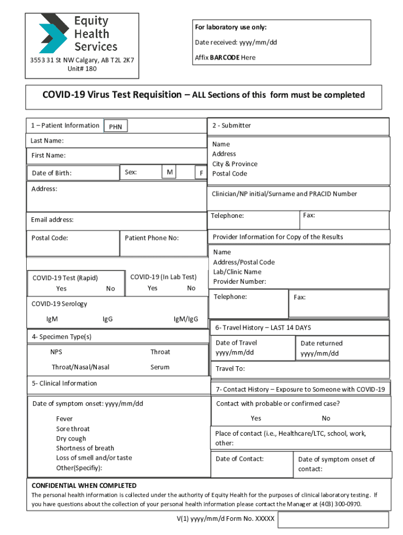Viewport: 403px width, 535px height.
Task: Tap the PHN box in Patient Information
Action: (x=116, y=126)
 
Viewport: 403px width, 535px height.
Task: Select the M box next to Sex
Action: (x=170, y=172)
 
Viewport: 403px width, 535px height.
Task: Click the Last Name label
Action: (x=47, y=141)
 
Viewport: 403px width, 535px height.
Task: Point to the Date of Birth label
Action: (x=52, y=173)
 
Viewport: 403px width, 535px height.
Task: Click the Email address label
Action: (x=52, y=219)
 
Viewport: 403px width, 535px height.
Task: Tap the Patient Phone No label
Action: (x=152, y=238)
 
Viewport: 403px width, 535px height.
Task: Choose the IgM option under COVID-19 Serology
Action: (x=52, y=319)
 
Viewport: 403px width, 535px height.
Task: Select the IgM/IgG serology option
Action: (x=186, y=319)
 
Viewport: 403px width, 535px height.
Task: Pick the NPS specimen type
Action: (x=56, y=352)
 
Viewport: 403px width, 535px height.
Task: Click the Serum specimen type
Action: (x=160, y=367)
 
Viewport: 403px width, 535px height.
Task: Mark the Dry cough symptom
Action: (x=71, y=438)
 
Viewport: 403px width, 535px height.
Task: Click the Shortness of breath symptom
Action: (x=85, y=448)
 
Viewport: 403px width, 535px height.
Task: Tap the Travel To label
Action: (x=230, y=369)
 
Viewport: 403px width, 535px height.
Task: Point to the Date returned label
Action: (x=321, y=343)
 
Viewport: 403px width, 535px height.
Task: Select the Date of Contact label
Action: (x=240, y=459)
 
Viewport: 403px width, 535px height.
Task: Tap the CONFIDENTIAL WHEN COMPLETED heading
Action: (x=84, y=485)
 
